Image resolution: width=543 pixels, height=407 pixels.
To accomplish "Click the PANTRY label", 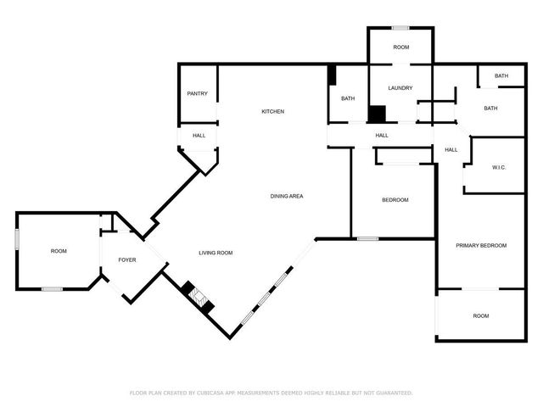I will click(x=197, y=94).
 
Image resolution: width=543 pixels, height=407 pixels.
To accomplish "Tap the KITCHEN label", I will click(x=272, y=112).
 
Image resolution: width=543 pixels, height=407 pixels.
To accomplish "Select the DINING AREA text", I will click(x=287, y=196).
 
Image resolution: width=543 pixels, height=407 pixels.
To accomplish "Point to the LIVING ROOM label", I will click(x=216, y=253).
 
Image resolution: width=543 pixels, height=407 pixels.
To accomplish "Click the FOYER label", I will click(x=126, y=259).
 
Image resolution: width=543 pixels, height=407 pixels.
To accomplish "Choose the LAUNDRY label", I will click(x=400, y=88).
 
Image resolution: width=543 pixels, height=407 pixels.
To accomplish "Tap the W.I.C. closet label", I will click(x=499, y=167).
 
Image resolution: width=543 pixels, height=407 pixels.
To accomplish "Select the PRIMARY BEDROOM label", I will click(x=481, y=245).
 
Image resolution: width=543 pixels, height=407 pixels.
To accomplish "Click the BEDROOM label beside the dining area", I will click(x=395, y=200).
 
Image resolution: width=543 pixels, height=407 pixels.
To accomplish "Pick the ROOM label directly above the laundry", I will click(x=400, y=47).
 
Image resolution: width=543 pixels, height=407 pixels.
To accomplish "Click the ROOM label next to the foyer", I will click(x=58, y=251).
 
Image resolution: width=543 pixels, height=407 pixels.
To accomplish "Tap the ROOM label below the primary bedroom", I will click(x=481, y=316).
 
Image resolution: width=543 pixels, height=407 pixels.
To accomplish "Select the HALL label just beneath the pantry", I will click(x=199, y=136).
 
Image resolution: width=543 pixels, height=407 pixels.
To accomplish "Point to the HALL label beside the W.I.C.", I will click(x=451, y=150).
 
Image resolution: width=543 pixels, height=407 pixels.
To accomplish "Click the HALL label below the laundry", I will click(x=382, y=135).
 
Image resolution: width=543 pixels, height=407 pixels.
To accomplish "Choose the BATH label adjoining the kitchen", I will click(x=348, y=99).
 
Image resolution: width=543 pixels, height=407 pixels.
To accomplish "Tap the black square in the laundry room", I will click(x=377, y=114).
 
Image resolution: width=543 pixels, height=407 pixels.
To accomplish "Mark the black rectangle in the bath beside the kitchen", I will click(x=332, y=75).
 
